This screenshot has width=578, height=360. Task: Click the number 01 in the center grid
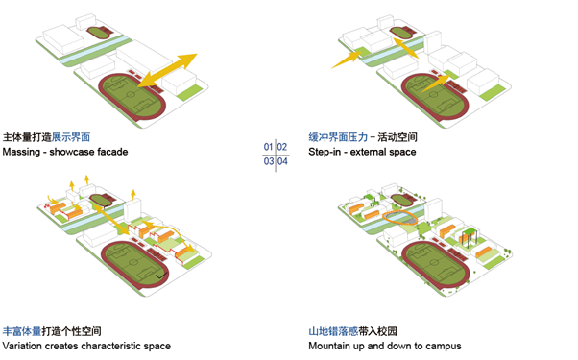[269, 146]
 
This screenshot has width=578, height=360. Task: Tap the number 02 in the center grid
[283, 146]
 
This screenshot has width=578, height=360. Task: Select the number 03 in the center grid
[269, 161]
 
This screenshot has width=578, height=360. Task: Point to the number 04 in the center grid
[283, 161]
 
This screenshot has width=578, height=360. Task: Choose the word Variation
[25, 346]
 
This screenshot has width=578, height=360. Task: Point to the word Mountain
[331, 346]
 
